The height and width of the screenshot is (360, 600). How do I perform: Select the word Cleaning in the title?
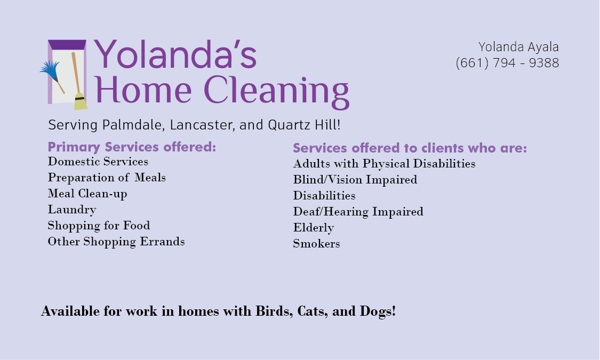tap(276, 91)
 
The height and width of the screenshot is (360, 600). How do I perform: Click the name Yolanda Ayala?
tap(518, 47)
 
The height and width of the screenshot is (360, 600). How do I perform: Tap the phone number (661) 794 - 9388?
tap(507, 63)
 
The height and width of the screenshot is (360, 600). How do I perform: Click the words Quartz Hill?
tap(304, 125)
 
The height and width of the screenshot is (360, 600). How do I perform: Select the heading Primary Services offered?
tap(132, 147)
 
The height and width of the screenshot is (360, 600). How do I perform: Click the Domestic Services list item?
tap(98, 162)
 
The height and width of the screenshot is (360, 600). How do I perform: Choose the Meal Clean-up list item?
tap(87, 194)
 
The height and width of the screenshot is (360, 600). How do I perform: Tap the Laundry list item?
tap(72, 210)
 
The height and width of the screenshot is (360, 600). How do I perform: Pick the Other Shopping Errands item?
tap(116, 242)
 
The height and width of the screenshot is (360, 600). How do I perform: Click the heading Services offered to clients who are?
tap(410, 148)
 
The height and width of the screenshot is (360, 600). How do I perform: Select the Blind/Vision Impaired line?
tap(355, 179)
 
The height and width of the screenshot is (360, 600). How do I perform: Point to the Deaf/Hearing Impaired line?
tap(358, 212)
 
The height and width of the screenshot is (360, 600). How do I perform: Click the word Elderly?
tap(314, 228)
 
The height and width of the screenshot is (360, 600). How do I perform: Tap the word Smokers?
tap(316, 244)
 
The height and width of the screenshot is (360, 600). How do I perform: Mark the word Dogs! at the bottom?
tap(378, 311)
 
